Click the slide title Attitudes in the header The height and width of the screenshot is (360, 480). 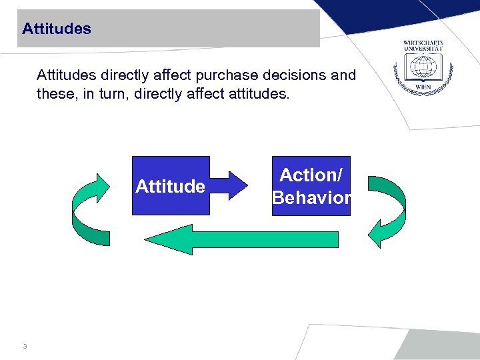point(57,29)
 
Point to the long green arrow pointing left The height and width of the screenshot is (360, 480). point(240,239)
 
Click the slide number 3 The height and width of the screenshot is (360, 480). point(25,347)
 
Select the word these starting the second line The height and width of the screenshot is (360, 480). point(55,94)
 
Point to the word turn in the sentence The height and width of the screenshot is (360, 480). point(117,94)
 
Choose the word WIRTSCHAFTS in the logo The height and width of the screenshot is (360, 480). point(423,43)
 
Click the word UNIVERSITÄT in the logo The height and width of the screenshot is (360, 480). point(423,49)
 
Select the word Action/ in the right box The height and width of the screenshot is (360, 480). point(311,175)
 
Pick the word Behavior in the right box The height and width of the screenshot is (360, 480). point(311,197)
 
